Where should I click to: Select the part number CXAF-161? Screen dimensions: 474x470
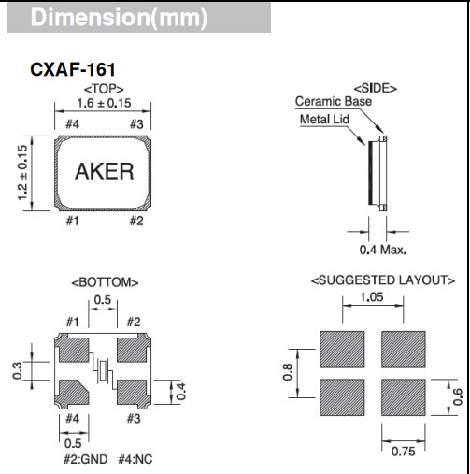point(73,70)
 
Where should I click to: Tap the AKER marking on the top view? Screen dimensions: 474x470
point(104,172)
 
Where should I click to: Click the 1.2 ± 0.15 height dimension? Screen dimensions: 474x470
point(20,172)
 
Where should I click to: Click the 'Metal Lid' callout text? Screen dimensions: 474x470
point(324,120)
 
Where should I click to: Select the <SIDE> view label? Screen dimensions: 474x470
point(375,88)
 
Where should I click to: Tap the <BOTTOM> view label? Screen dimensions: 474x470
point(104,281)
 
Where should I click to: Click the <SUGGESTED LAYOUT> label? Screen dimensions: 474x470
point(382,280)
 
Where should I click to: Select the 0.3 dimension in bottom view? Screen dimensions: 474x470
point(16,371)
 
